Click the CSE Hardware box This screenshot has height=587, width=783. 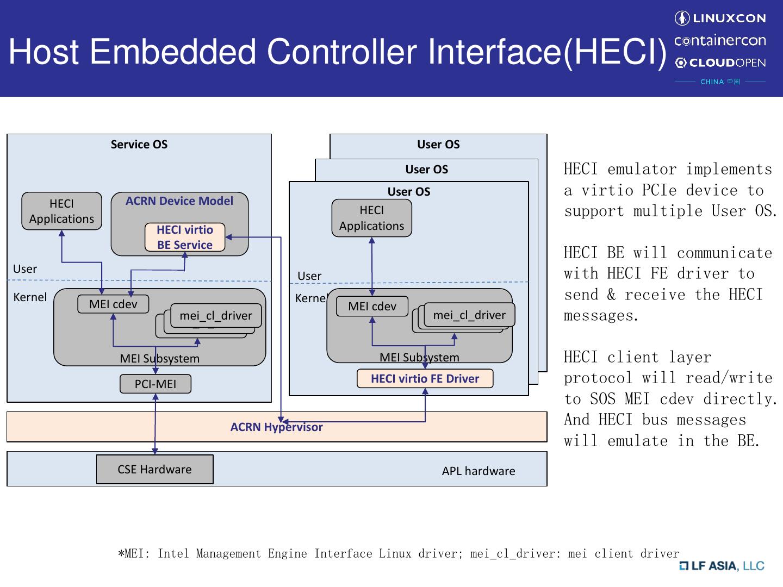point(154,470)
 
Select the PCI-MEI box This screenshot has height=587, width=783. point(156,384)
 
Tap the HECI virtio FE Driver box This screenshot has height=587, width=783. point(425,379)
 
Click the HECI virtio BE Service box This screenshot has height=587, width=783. point(185,238)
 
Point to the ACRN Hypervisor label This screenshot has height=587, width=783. point(276,427)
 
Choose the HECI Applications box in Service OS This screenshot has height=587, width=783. point(61,211)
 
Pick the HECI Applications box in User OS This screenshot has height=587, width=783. point(372,218)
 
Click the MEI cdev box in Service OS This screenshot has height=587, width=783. point(113,304)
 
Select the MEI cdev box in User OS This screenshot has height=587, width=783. point(372,307)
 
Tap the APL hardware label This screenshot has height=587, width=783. point(478,471)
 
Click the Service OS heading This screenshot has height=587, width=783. point(139,145)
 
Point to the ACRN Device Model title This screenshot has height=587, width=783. point(179,201)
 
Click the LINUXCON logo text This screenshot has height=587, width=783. point(729,18)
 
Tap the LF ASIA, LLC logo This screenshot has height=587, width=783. point(722,566)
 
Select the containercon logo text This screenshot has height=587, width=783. point(720,41)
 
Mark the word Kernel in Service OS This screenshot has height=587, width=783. point(30,297)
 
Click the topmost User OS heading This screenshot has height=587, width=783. point(438,145)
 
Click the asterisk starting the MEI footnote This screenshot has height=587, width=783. point(121,554)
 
